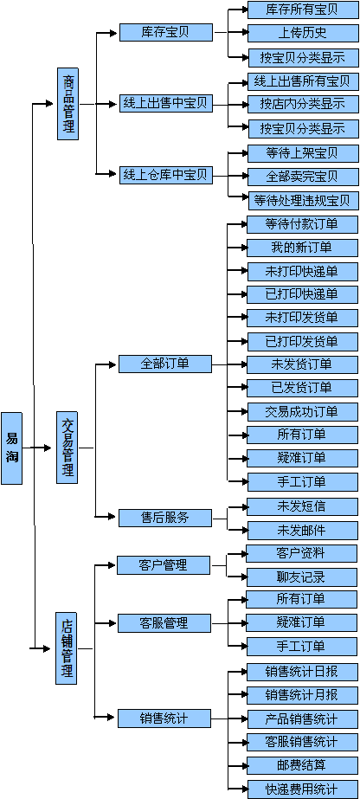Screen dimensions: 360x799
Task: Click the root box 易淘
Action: (x=12, y=448)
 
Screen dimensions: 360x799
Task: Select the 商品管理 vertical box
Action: (x=67, y=104)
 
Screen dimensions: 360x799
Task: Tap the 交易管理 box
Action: (x=67, y=448)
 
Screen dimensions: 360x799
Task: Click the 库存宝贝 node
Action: (x=166, y=32)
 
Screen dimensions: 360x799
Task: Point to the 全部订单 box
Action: (x=165, y=364)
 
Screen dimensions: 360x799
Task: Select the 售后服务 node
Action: (x=165, y=517)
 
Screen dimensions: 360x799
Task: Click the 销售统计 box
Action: (x=164, y=718)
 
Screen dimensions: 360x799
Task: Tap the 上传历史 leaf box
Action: (x=303, y=33)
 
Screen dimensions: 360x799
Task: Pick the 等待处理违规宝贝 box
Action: (x=303, y=200)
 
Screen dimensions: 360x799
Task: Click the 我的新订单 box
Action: (x=302, y=248)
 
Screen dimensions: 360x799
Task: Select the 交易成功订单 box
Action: (x=302, y=411)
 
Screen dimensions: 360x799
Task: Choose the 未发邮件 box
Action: (x=302, y=531)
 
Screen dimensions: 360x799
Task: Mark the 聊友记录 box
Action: (x=301, y=577)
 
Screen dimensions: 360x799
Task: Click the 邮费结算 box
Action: (x=302, y=765)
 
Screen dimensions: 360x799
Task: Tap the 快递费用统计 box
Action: (x=302, y=789)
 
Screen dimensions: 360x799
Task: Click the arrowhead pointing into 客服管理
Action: (x=113, y=622)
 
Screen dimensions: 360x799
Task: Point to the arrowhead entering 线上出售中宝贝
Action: (x=114, y=104)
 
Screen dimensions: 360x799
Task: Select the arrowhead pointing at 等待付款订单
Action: (x=242, y=223)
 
